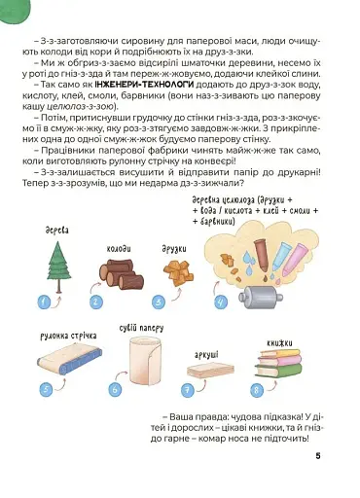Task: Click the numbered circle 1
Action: tap(44, 302)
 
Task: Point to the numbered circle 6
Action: tap(115, 389)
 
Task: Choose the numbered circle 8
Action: tap(256, 389)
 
